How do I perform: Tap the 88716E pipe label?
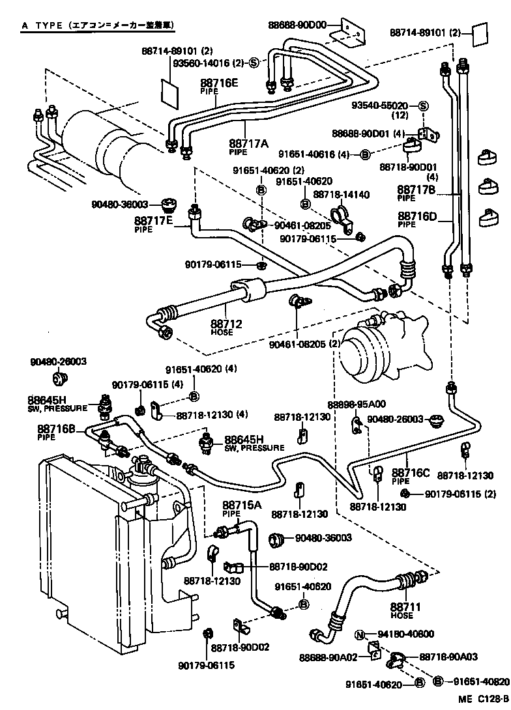(219, 83)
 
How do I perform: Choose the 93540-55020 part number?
(381, 106)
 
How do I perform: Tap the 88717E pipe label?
(154, 221)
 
